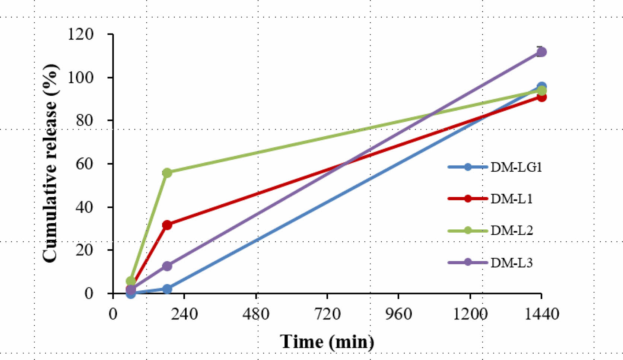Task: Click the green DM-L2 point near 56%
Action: point(167,173)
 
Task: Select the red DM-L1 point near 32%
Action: point(167,225)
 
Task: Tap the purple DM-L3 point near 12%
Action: point(167,266)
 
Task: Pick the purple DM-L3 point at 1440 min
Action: point(541,52)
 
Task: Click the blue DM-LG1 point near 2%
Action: point(167,289)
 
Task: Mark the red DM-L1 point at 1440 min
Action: point(541,98)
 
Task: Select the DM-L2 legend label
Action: point(511,230)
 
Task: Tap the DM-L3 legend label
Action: point(511,263)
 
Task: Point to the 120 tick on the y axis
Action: point(81,34)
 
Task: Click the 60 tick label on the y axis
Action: point(85,164)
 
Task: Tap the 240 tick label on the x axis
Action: point(184,314)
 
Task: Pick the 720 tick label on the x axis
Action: point(327,314)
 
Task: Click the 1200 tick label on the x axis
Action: point(470,314)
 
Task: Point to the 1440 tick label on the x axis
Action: point(541,314)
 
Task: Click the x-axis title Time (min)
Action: point(327,341)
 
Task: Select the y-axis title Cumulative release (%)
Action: point(50,163)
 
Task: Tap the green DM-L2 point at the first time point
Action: point(131,281)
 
